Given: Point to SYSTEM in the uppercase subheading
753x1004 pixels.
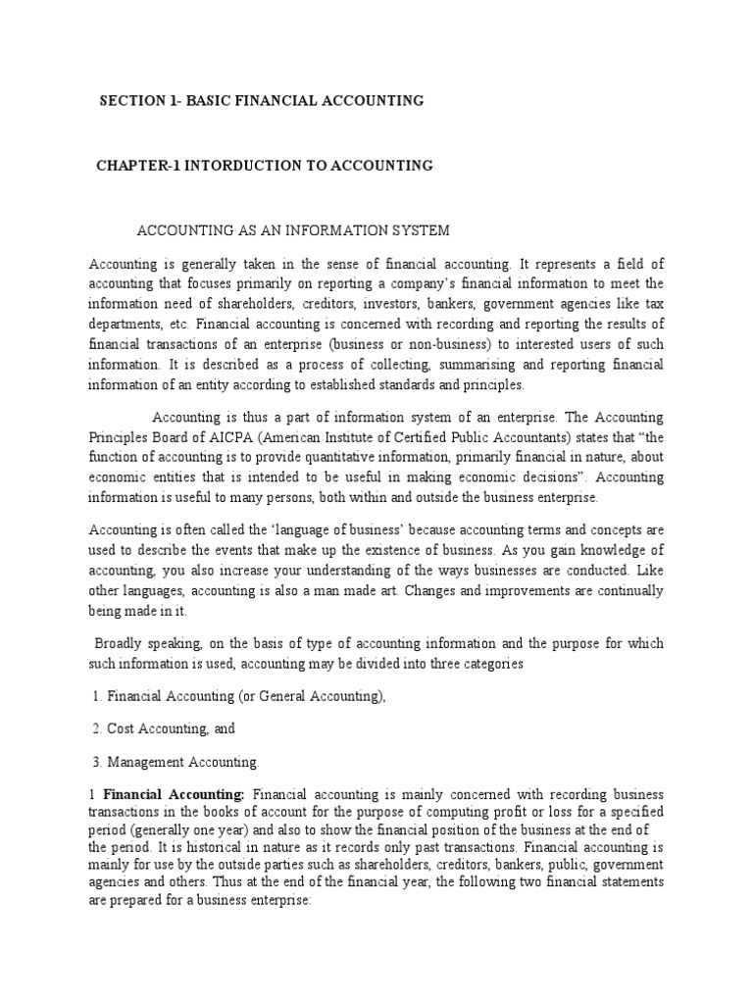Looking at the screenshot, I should pyautogui.click(x=423, y=230).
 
